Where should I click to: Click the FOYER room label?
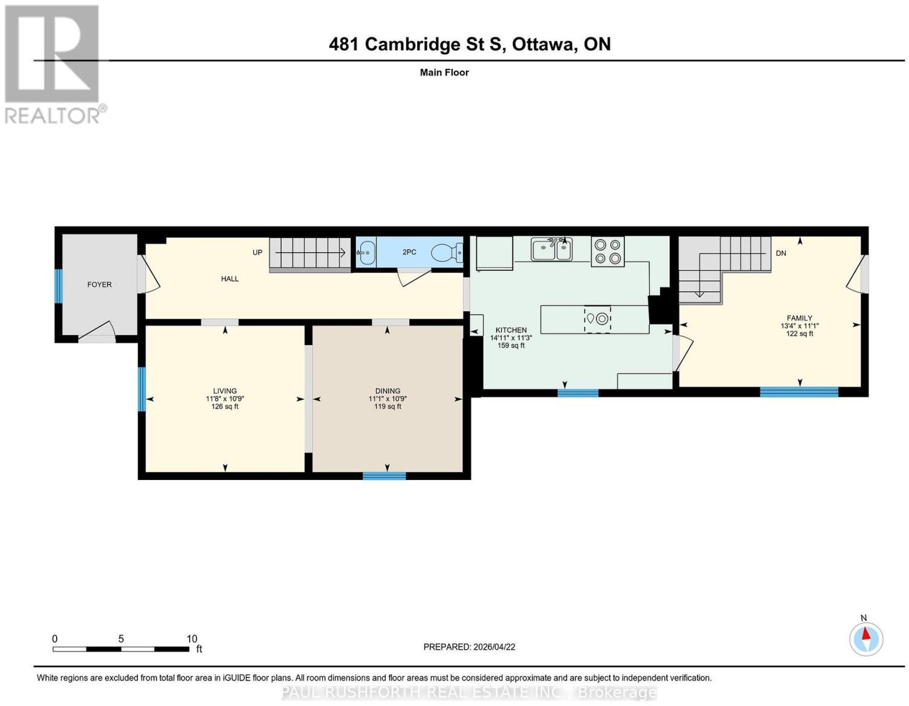(99, 285)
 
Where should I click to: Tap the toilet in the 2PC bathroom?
(447, 253)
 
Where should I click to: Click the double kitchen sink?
(551, 249)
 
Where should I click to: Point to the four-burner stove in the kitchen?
(607, 252)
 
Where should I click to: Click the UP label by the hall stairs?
(257, 253)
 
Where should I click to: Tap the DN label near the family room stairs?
(781, 253)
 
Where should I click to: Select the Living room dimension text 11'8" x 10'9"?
(224, 399)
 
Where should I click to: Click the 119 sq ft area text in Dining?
(387, 406)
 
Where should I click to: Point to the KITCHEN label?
(511, 330)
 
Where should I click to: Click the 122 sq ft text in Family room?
(799, 333)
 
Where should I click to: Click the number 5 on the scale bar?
(121, 639)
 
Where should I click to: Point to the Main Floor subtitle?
(444, 72)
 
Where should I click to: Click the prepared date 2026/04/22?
(494, 647)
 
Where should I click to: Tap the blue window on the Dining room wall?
(384, 475)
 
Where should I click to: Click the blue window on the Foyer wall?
(59, 286)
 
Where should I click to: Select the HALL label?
(230, 279)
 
